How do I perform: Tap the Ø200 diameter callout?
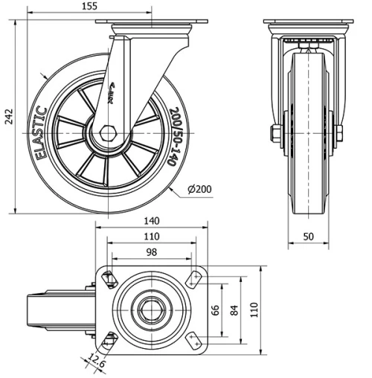pos(199,189)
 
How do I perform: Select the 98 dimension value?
pos(151,252)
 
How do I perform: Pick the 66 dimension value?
pos(217,310)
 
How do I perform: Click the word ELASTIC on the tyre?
pos(41,133)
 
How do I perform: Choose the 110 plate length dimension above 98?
pos(151,237)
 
